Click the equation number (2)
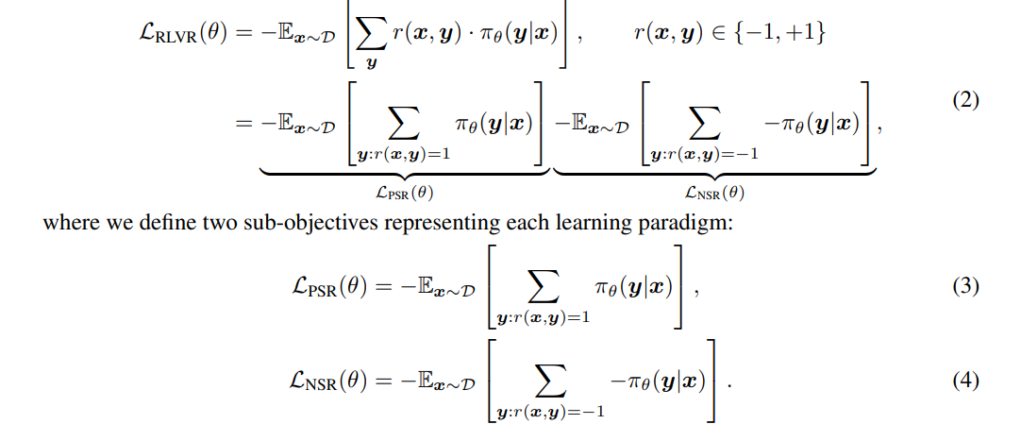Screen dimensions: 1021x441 click(x=962, y=101)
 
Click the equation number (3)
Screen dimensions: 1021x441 click(x=962, y=285)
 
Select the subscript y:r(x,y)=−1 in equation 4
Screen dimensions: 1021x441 click(x=547, y=414)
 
